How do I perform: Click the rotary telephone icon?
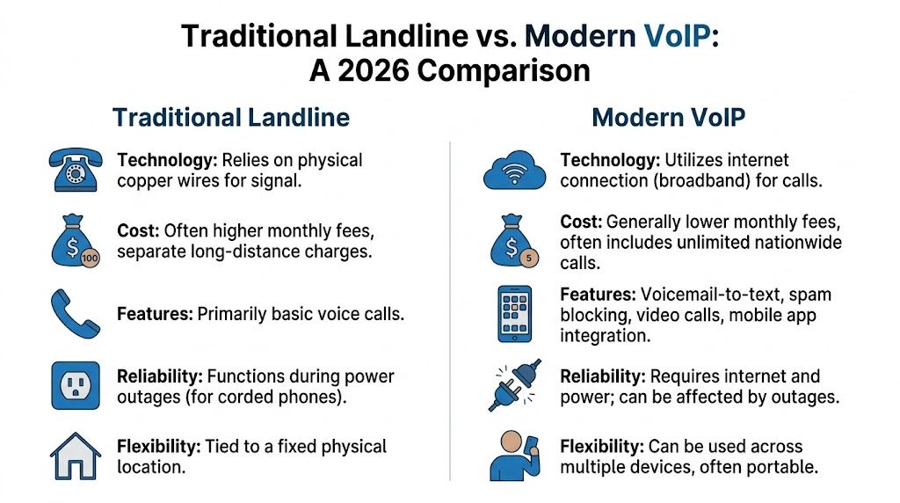[76, 169]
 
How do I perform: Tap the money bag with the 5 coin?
[514, 242]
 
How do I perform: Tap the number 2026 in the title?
[367, 70]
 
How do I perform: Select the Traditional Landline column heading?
[231, 118]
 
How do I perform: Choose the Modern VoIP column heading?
[670, 118]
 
